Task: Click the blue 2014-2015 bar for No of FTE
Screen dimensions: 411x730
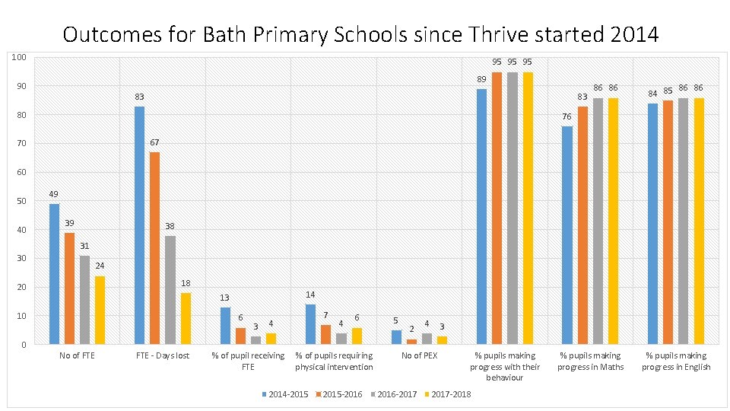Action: pos(54,274)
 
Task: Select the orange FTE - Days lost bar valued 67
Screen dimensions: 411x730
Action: pos(154,248)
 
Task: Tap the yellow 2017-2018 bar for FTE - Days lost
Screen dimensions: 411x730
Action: pos(185,318)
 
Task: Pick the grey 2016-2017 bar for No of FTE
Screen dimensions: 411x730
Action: pos(84,300)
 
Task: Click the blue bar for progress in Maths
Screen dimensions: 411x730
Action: pos(567,235)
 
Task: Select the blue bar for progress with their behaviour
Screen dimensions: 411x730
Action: pos(481,217)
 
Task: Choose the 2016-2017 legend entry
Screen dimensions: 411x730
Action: pos(393,394)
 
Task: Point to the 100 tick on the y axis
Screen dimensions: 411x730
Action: pos(21,58)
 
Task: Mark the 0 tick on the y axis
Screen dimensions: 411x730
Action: pos(25,345)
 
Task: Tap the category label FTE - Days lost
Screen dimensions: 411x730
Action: pos(163,355)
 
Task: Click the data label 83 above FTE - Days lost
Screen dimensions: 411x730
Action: pos(140,97)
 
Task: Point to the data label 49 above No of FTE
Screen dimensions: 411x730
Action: pos(54,194)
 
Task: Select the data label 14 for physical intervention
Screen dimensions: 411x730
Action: pos(310,295)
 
